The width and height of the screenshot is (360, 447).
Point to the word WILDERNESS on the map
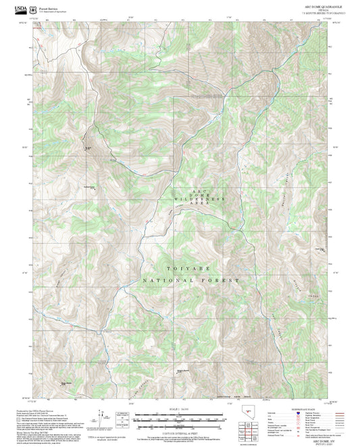pos(198,201)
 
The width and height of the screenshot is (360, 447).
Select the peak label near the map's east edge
pos(321,248)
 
